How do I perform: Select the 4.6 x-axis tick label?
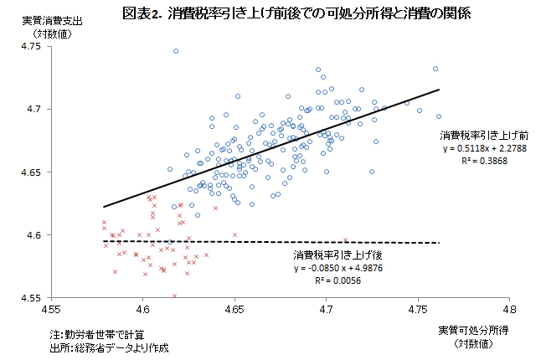(x=142, y=309)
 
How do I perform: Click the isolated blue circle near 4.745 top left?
(x=176, y=51)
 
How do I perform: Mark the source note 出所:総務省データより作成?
(x=110, y=347)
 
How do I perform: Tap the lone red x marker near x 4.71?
(x=345, y=240)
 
